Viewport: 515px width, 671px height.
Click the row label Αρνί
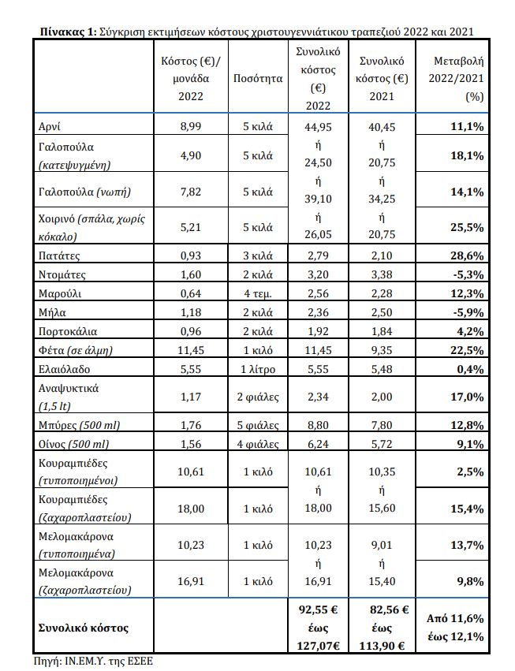tap(47, 126)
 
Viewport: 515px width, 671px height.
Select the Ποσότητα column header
tap(258, 79)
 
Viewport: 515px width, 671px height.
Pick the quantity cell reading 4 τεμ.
tap(258, 293)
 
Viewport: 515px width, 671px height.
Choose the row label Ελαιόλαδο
tap(62, 368)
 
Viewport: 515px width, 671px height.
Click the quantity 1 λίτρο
tap(258, 368)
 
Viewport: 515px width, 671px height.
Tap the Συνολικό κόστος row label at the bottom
tap(83, 628)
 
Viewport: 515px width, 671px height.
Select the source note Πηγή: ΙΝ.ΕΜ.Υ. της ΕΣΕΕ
tap(94, 662)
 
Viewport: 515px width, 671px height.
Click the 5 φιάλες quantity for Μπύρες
tap(258, 425)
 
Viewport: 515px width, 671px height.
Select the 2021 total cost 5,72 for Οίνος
tap(383, 444)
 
